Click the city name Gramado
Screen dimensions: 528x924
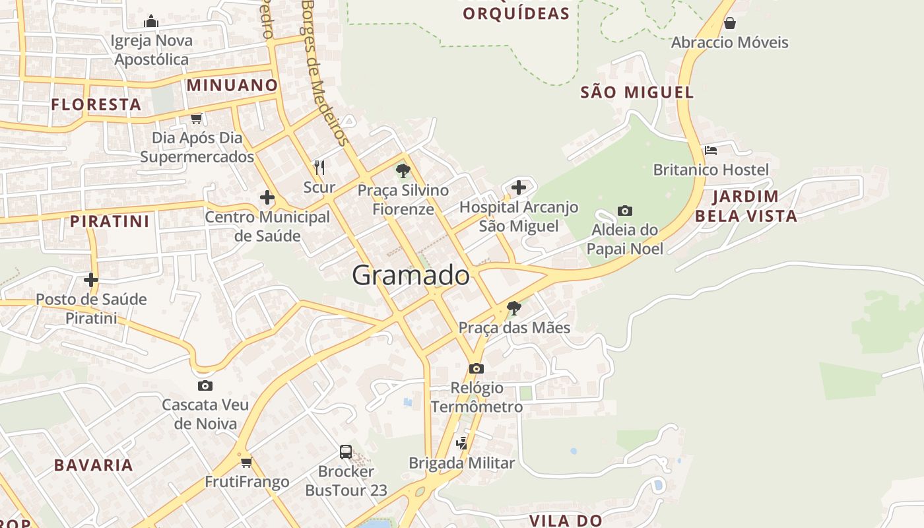(411, 275)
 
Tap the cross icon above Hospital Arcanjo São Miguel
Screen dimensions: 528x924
(519, 187)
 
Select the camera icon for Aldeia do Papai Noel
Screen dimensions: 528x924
(624, 211)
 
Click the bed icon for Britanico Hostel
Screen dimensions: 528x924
(710, 150)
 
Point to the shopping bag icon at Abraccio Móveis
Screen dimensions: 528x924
(729, 24)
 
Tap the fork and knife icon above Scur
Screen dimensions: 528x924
(319, 168)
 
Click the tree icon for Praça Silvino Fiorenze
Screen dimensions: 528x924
(403, 172)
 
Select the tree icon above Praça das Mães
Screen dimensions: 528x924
(513, 308)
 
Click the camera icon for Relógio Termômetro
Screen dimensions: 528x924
(476, 368)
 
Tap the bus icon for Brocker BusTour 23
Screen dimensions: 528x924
(346, 452)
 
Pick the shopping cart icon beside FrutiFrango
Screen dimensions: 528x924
(246, 462)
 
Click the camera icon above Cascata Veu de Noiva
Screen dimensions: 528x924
(205, 385)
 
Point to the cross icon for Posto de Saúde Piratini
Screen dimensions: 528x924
(91, 280)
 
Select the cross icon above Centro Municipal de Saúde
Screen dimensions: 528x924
(267, 197)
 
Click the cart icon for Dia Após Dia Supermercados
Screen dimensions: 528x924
(196, 119)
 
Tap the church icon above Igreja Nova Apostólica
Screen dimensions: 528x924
(151, 22)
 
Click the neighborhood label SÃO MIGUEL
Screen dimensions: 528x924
(637, 92)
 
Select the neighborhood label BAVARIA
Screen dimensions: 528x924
(94, 465)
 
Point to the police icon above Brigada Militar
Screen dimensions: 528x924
(462, 444)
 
